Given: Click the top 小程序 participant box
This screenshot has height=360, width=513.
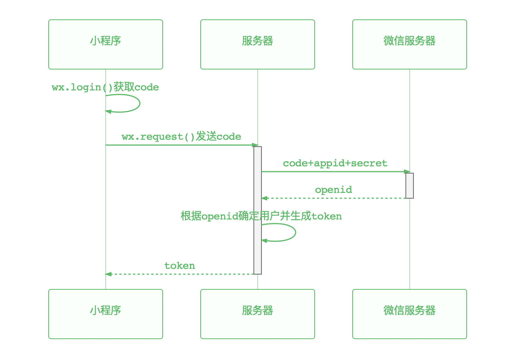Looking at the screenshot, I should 106,44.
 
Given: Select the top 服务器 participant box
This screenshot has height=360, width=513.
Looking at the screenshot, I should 258,44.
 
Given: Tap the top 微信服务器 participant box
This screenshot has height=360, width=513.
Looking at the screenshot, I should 410,44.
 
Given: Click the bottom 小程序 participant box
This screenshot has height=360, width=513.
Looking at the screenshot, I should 106,314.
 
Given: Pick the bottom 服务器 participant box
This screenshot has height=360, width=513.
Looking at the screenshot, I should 258,314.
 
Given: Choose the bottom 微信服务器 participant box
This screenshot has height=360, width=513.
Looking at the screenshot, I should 410,314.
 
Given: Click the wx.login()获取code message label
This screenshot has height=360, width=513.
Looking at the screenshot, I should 105,87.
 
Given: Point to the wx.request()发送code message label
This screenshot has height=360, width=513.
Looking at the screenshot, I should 181,137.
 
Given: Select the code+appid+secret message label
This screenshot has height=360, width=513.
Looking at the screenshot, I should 335,163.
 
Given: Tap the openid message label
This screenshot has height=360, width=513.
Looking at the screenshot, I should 333,190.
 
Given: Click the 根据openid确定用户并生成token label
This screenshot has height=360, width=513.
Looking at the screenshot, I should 261,216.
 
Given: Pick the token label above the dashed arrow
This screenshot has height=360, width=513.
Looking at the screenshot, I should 179,266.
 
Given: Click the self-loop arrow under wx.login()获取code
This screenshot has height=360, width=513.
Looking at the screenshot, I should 139,103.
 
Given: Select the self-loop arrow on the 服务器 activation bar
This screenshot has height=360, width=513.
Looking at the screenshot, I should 295,232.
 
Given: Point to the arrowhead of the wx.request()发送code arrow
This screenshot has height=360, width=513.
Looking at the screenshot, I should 255,145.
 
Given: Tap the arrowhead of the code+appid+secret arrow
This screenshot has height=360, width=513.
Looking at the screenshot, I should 407,172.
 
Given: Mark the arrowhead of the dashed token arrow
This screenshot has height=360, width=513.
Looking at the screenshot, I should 108,274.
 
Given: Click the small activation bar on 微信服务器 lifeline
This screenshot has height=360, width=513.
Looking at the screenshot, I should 410,185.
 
